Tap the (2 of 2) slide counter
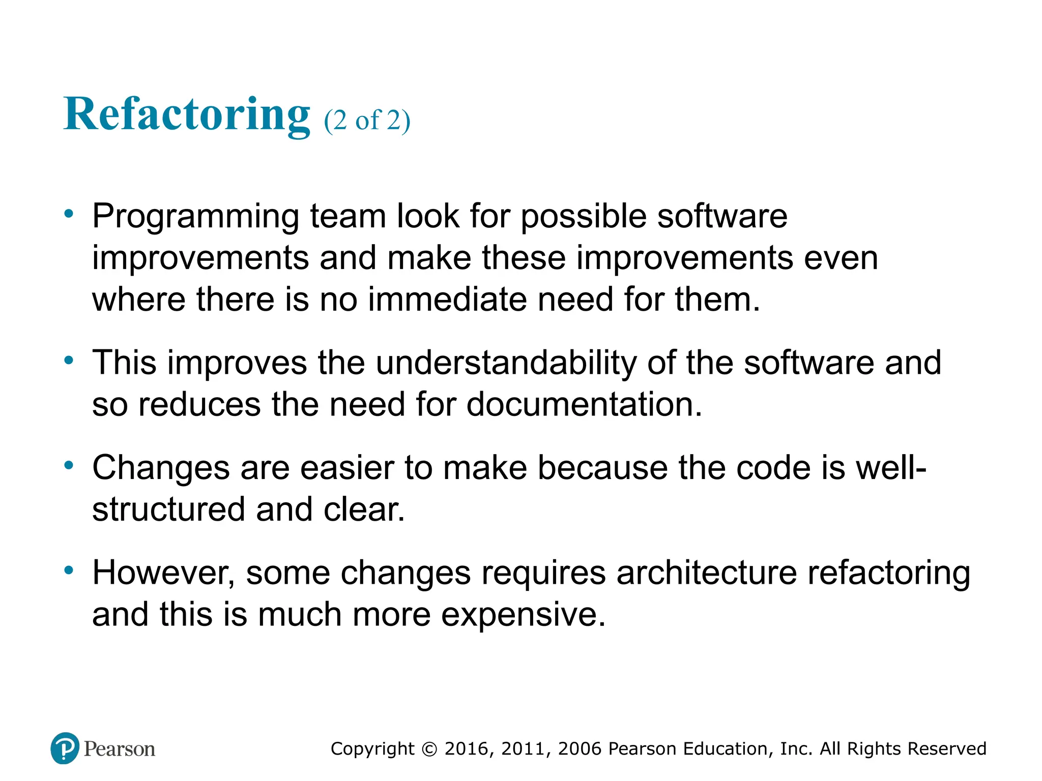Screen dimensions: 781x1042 click(x=367, y=121)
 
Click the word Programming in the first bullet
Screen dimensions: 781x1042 click(x=195, y=217)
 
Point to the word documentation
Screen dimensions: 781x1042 click(x=584, y=405)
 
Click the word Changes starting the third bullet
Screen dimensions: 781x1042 click(x=161, y=468)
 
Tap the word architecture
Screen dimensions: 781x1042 click(x=707, y=573)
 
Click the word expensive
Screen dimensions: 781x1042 click(x=523, y=615)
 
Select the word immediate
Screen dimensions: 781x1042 click(x=447, y=299)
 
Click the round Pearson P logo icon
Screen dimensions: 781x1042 click(x=65, y=748)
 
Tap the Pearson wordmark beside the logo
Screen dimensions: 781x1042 click(x=120, y=749)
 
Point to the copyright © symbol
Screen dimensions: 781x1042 click(x=429, y=749)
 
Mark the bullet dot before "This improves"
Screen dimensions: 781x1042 click(x=69, y=361)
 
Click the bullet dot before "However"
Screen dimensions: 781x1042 click(x=69, y=570)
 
